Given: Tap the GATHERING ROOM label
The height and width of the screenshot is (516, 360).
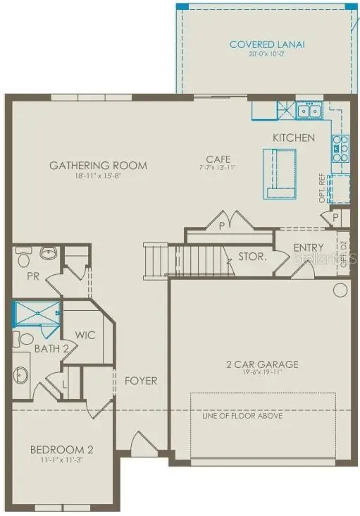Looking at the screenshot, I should click(x=98, y=166).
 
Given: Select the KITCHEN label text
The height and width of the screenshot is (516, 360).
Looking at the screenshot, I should click(x=294, y=137).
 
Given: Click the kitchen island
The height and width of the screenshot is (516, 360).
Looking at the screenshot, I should click(x=278, y=173).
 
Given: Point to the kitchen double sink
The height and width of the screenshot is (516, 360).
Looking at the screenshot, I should click(x=308, y=111).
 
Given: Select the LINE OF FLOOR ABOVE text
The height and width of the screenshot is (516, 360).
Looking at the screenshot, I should click(x=242, y=416).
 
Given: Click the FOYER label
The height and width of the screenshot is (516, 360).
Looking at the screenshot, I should click(x=141, y=381).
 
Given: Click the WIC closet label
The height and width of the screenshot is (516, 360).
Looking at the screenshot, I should click(x=85, y=335).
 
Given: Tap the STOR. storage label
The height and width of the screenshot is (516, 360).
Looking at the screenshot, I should click(x=252, y=257).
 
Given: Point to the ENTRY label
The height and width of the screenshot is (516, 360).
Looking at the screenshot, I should click(x=308, y=247).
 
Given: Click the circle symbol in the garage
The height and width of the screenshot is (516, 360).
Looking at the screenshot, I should click(x=340, y=290).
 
